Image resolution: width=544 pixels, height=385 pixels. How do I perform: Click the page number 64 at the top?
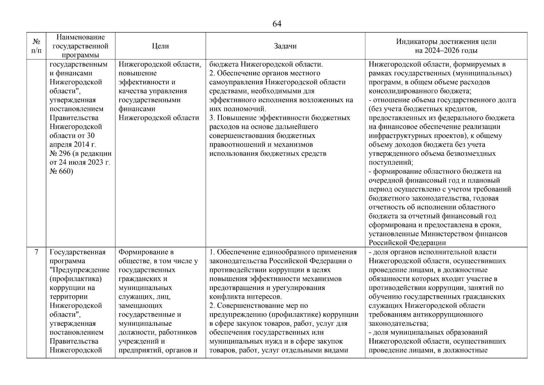(x=277, y=24)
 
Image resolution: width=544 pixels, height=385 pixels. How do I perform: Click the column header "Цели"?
(x=160, y=46)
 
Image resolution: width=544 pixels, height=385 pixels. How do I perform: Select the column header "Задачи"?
(x=285, y=46)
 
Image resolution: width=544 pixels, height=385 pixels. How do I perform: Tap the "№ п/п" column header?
(x=37, y=46)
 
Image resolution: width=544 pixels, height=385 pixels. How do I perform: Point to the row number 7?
(x=37, y=252)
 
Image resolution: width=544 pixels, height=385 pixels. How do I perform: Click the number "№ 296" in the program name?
(x=60, y=154)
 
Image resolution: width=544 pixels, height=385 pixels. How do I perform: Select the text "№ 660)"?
(x=61, y=171)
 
